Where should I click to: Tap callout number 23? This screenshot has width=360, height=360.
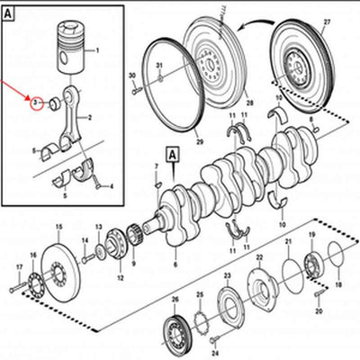227,274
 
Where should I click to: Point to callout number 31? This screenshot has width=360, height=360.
159,66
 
